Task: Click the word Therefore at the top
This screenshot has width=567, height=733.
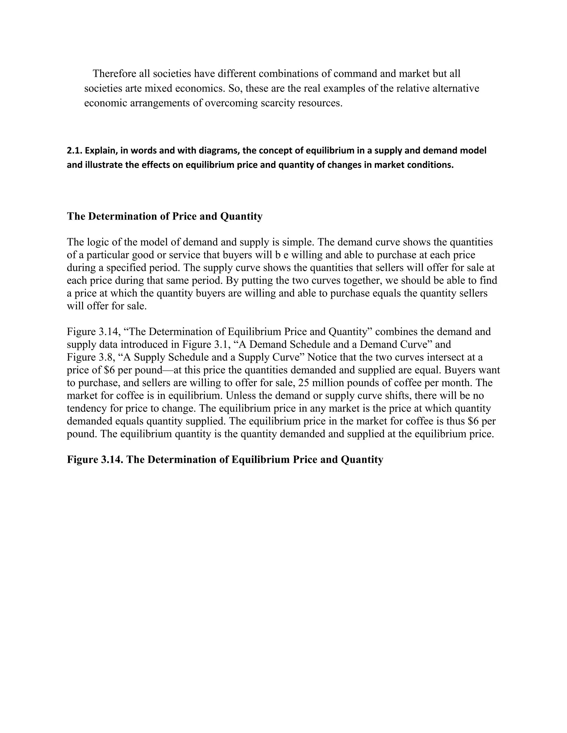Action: tap(115, 74)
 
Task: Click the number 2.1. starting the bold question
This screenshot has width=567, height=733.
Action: tap(74, 151)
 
